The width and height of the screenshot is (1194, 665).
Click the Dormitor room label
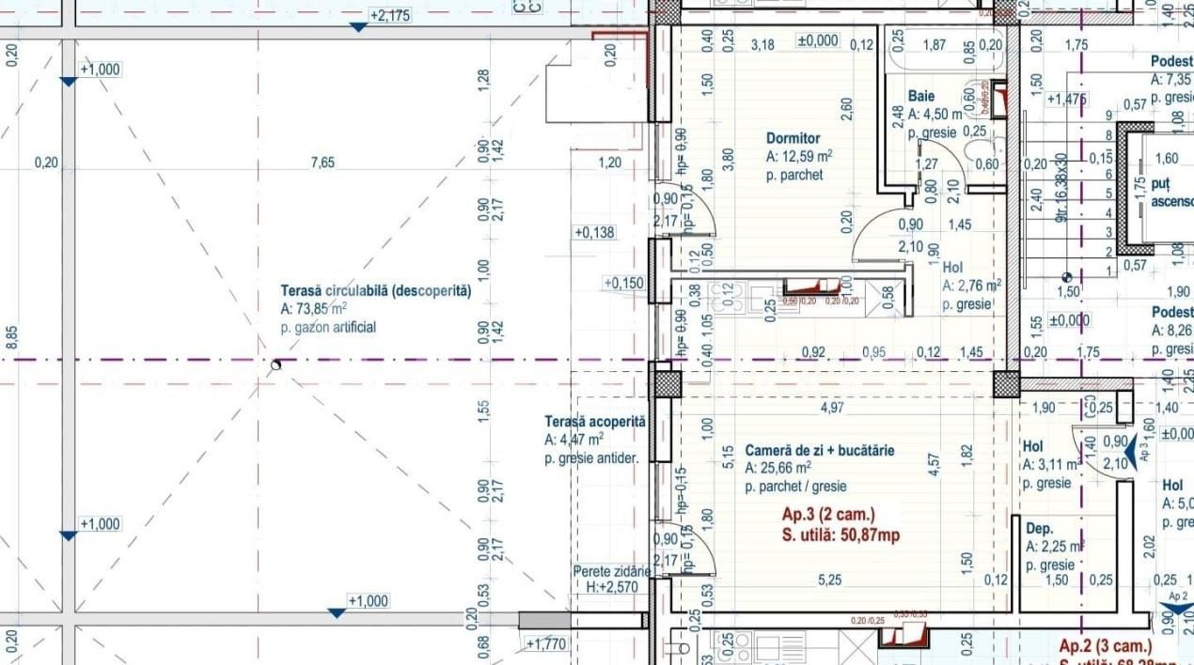tap(793, 138)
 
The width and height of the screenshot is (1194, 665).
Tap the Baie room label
tap(921, 96)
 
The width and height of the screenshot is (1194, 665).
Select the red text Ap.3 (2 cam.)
tap(828, 514)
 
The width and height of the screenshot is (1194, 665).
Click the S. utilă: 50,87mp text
tap(841, 535)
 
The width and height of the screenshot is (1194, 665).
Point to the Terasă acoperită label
tap(595, 422)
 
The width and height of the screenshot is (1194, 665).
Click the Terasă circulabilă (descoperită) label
tap(376, 291)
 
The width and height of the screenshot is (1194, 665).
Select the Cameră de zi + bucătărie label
tap(820, 451)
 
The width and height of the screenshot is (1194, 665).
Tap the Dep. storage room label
tap(1039, 529)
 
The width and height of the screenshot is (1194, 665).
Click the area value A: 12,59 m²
tap(798, 157)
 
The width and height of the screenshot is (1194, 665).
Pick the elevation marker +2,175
tap(389, 16)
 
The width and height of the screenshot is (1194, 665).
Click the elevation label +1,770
tap(547, 644)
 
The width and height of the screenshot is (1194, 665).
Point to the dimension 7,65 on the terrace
tap(322, 162)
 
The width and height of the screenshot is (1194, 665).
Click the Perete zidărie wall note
tap(611, 571)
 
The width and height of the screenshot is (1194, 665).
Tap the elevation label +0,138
tap(593, 232)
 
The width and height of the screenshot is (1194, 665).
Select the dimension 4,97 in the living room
tap(831, 407)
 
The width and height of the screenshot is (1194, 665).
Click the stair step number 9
tap(1108, 116)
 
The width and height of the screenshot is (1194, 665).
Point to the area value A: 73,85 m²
tap(313, 309)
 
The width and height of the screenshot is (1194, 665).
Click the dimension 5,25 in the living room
tap(830, 580)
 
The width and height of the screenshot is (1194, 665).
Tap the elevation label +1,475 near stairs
tap(1066, 99)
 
